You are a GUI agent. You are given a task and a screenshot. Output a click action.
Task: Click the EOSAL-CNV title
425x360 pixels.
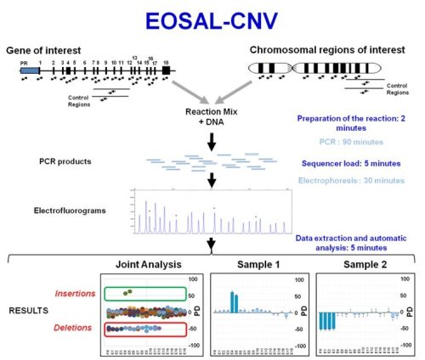(x=212, y=20)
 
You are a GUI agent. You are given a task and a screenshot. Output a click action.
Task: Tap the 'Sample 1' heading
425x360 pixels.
(x=257, y=264)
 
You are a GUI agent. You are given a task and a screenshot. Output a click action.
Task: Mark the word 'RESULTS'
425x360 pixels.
(x=25, y=310)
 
